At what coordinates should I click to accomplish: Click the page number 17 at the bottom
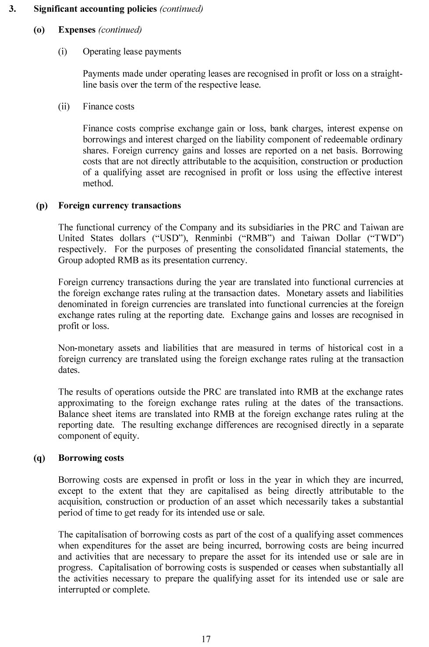tap(206, 639)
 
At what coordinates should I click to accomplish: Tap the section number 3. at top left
tap(13, 9)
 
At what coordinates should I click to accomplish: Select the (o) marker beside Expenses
tap(39, 30)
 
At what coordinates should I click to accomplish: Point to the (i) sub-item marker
tap(63, 52)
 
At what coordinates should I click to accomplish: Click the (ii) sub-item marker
tap(64, 106)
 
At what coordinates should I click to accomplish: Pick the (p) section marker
tap(42, 205)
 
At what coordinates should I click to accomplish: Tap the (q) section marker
tap(39, 458)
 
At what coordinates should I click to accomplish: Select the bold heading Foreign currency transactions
tap(120, 205)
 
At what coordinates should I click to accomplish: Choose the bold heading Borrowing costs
tap(91, 458)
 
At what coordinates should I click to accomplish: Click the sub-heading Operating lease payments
tap(132, 52)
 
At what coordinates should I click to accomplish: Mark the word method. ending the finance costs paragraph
tap(98, 184)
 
